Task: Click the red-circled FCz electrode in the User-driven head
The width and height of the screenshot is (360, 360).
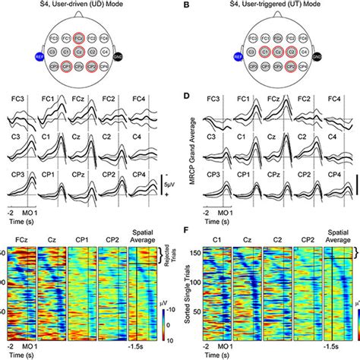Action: [79, 36]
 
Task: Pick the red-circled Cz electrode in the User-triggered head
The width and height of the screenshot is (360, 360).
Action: [264, 54]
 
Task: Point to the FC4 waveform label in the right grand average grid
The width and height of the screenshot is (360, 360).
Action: [334, 99]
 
